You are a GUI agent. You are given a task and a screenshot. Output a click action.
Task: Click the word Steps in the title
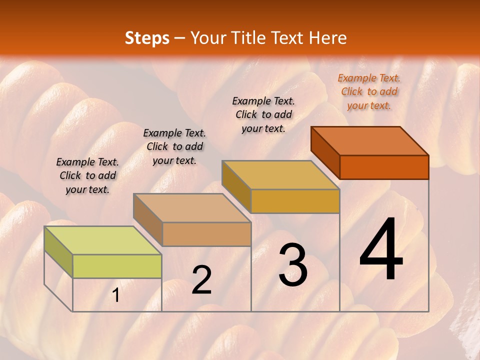147,38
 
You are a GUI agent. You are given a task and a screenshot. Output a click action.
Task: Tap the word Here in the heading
327,38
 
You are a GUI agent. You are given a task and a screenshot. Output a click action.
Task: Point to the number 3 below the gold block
293,265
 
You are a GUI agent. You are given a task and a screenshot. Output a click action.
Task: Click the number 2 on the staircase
201,280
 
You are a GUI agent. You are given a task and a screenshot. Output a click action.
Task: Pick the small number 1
116,296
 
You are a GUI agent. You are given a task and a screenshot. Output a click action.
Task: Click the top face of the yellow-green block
103,240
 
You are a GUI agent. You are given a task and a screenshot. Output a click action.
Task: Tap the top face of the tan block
192,207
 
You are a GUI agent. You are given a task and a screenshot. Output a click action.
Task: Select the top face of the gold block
280,175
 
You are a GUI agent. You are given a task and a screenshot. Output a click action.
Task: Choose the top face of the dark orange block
369,140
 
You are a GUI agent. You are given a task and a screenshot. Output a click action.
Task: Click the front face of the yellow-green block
117,266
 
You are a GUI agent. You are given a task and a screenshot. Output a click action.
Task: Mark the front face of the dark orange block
384,167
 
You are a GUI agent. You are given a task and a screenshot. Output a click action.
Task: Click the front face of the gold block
295,201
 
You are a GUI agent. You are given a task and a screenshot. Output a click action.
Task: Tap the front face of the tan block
206,234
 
